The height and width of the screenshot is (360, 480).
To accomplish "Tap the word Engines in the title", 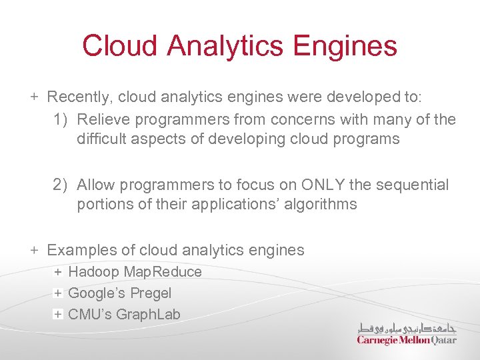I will click(345, 47).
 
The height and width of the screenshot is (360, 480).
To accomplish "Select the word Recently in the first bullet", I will click(79, 97).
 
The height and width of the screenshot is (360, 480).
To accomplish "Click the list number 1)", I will click(61, 120).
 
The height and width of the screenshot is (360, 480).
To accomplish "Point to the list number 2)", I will click(61, 185).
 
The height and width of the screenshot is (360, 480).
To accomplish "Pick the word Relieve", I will click(101, 120).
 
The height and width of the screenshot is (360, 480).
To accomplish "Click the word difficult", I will click(101, 139).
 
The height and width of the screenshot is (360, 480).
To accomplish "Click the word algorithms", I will click(320, 204).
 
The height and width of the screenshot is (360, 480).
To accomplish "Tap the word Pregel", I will click(151, 293).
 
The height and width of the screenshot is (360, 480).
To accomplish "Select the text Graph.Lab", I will click(148, 315).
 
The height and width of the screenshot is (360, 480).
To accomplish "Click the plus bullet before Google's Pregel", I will click(58, 293).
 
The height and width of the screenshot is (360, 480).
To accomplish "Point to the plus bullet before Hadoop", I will click(58, 272).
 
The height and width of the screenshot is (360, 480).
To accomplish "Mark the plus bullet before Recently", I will click(34, 97).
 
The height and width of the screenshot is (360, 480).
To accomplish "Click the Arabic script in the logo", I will click(407, 327).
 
